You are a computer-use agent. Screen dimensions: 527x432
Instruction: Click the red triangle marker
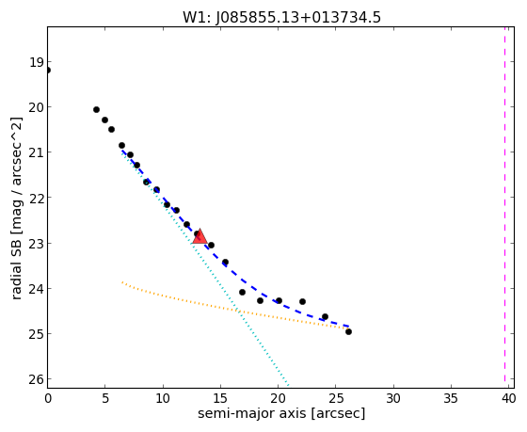pos(200,236)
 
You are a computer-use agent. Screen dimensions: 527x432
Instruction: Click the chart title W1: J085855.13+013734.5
pos(281,18)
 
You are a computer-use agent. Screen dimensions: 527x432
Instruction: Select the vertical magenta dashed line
pos(504,204)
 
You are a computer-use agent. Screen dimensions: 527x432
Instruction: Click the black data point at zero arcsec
pos(48,70)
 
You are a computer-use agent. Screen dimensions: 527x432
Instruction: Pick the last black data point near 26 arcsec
pos(348,332)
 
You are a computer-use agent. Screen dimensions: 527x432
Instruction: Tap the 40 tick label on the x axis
pos(508,398)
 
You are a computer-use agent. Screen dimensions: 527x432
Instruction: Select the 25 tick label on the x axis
pos(336,398)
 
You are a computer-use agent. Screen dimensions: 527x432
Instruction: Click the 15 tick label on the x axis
pos(220,398)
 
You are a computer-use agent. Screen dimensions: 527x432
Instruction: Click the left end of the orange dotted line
pos(122,282)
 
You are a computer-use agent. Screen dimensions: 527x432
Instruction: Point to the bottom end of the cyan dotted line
pos(288,384)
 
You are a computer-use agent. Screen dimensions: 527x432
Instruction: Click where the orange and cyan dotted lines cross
pos(237,311)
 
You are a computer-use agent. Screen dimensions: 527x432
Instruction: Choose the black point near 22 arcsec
pos(302,301)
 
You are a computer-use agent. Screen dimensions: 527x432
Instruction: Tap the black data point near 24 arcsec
pos(325,316)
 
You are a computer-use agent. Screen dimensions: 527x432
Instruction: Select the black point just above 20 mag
pos(96,109)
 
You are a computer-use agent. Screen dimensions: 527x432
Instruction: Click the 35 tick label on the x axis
pos(451,398)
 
